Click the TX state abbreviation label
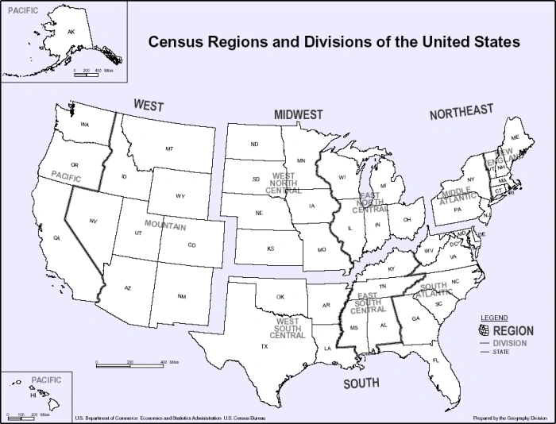[264, 347]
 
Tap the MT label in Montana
[169, 149]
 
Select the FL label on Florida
[435, 361]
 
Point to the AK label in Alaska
[71, 33]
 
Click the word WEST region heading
[149, 105]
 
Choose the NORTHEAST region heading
[461, 113]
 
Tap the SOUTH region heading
[361, 384]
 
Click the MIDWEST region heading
[299, 115]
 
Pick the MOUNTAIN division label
[165, 225]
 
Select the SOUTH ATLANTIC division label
[435, 290]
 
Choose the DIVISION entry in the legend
[510, 342]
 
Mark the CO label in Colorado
[191, 245]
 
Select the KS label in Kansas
[270, 249]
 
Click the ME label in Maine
[515, 138]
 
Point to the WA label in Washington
[84, 125]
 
